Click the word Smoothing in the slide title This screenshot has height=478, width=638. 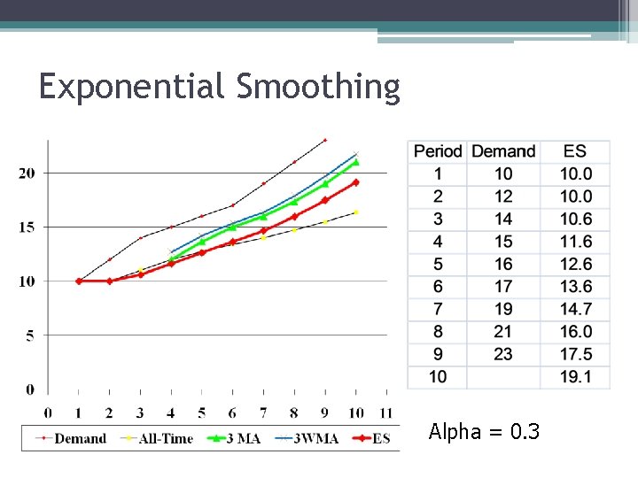(x=318, y=88)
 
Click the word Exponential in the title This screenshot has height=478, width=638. (x=133, y=88)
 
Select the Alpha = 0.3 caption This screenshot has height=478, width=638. (x=484, y=432)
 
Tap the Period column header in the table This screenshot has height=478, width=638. (x=438, y=151)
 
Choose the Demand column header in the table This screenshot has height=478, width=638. (x=503, y=151)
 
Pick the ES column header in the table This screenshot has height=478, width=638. (x=575, y=151)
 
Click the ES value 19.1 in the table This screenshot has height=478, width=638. (x=576, y=377)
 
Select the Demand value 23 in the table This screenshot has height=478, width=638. (x=503, y=354)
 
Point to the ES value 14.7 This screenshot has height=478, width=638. (x=576, y=309)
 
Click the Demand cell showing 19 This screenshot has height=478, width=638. (x=503, y=309)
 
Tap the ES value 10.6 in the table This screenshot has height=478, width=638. (x=576, y=219)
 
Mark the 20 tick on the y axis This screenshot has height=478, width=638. (x=27, y=173)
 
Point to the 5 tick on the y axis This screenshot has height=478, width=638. (x=30, y=335)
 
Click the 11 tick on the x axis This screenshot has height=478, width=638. (x=385, y=412)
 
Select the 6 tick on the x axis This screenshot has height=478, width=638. (x=232, y=412)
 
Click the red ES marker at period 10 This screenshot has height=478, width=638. (x=356, y=182)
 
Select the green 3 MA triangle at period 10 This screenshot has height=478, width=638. (x=356, y=162)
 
